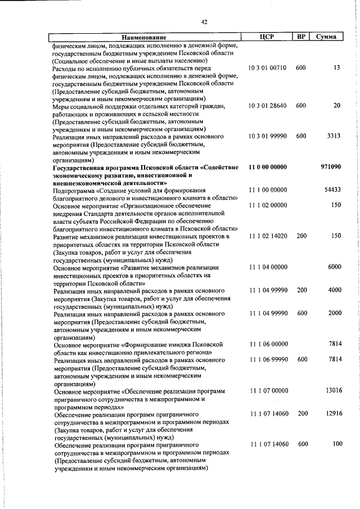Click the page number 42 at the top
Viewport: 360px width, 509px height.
pos(204,22)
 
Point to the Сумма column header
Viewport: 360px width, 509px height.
pos(326,37)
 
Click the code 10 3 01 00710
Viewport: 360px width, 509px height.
pos(267,67)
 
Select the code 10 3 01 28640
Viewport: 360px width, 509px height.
pos(267,106)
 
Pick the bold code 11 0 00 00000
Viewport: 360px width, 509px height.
pos(267,167)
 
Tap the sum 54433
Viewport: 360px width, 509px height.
pos(332,190)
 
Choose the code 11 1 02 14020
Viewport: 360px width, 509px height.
pos(267,236)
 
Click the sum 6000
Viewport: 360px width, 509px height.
pos(334,267)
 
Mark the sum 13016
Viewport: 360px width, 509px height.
pos(332,389)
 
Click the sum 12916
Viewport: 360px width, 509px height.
pos(332,413)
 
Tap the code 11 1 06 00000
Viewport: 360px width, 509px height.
pos(267,343)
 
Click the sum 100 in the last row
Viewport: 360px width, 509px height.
pos(336,444)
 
